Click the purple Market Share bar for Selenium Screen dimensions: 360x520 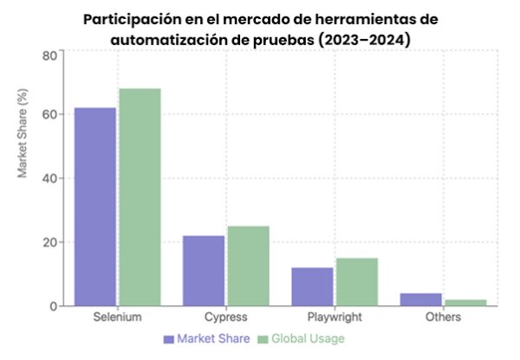click(x=94, y=206)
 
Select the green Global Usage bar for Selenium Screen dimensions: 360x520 click(x=140, y=197)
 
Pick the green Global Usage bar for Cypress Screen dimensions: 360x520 click(x=248, y=265)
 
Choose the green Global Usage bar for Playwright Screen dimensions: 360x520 click(x=357, y=282)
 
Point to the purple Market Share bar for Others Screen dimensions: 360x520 click(x=421, y=299)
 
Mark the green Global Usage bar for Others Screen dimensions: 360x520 click(x=465, y=303)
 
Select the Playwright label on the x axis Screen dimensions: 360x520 click(x=335, y=318)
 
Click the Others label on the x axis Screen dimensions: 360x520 click(x=443, y=318)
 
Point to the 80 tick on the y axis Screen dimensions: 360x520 click(x=49, y=55)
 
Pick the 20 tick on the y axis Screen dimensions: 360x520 click(x=49, y=243)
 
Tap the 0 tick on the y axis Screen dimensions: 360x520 click(x=53, y=306)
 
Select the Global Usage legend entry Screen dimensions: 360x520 click(x=302, y=338)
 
